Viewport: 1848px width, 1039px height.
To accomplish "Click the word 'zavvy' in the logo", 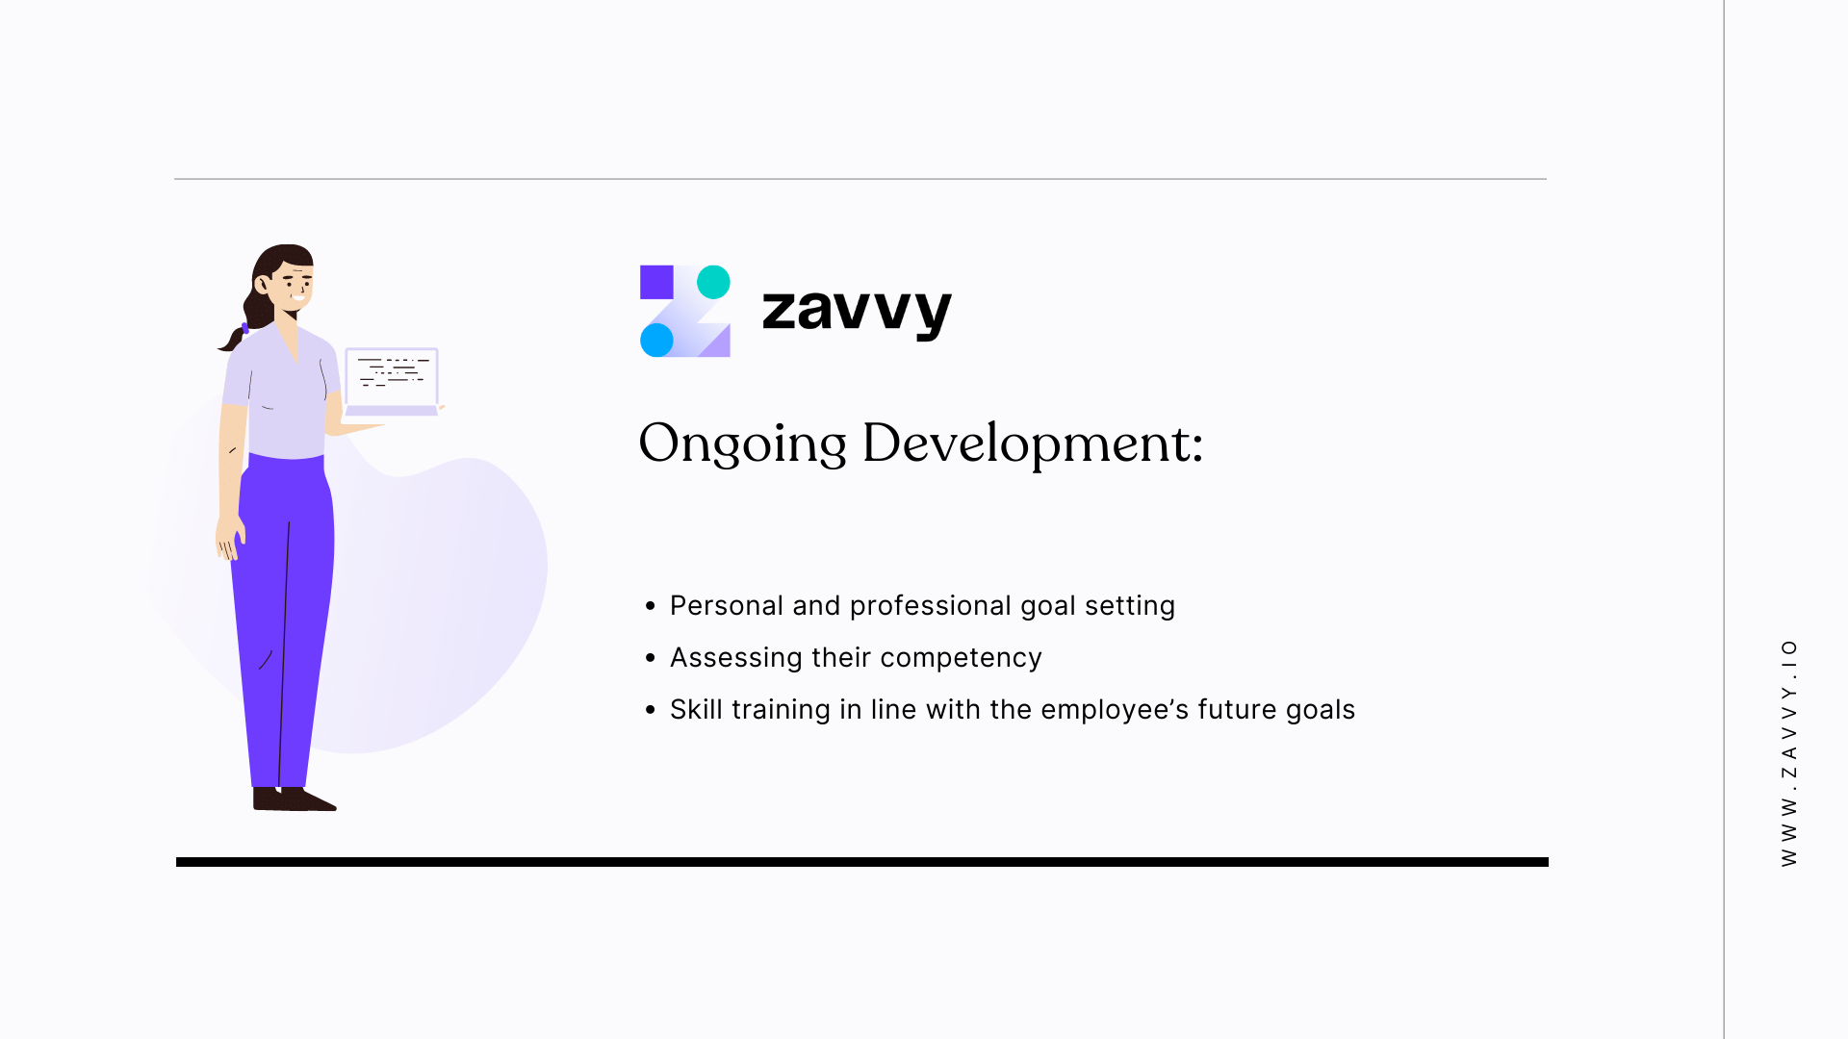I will coord(856,311).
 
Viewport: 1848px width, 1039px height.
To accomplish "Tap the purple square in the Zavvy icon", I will coord(656,282).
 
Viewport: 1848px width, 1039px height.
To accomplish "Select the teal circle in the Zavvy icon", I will coord(713,282).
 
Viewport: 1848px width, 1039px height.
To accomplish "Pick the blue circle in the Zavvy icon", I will coord(656,340).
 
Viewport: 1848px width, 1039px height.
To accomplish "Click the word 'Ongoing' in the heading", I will coord(742,444).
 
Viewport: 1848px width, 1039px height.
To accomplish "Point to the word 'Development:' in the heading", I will coord(1033,444).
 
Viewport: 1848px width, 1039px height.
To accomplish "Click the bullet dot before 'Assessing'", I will coord(651,658).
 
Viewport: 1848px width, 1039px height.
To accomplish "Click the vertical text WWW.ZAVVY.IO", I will coord(1788,752).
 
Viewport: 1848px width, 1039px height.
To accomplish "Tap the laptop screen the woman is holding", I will coord(392,376).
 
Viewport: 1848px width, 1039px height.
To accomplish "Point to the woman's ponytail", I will coord(234,336).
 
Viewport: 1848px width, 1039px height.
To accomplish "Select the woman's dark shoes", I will coord(293,799).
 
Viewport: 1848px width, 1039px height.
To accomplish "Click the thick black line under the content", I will coord(861,862).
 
